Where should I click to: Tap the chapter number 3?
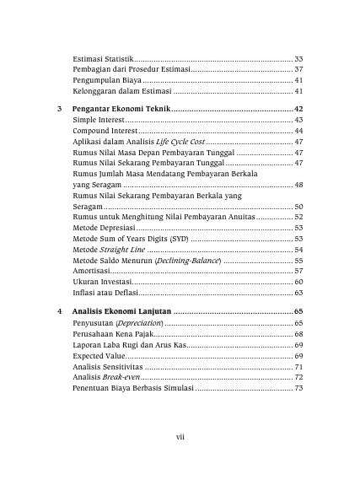coord(57,111)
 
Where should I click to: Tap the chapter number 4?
coord(57,312)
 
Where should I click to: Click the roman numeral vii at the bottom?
coord(180,435)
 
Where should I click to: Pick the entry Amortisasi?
coord(92,271)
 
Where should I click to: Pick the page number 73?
coord(298,390)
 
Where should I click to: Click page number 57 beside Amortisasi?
coord(298,271)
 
